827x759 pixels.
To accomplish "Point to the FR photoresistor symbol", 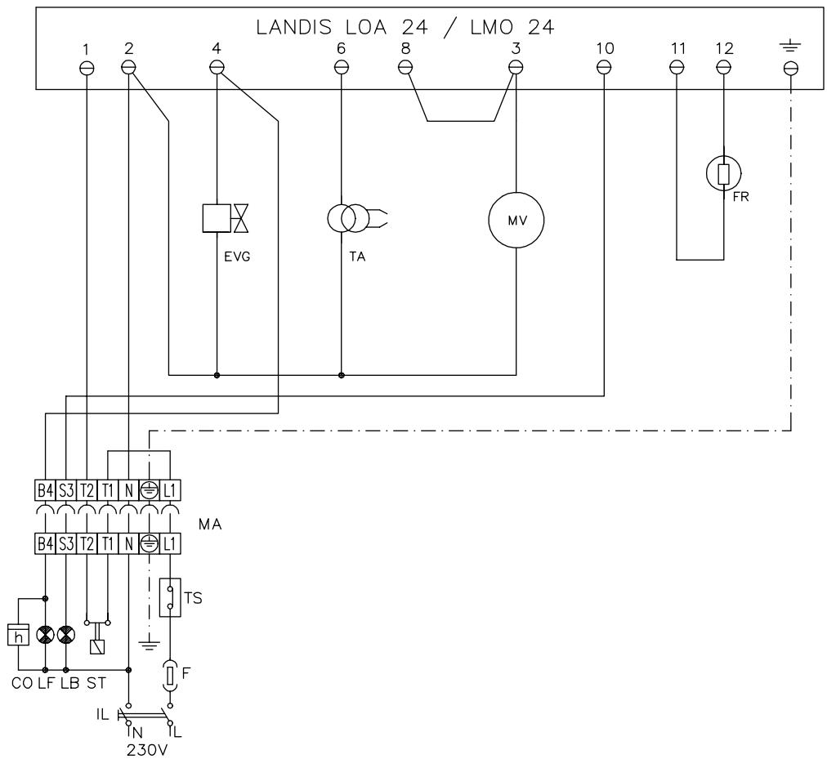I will coord(723,174).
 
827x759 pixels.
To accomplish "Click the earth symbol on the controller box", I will coord(789,49).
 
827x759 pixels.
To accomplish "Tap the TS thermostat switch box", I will coord(169,598).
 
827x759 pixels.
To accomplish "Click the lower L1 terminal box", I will coord(169,542).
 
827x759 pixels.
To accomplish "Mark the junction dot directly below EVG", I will coord(217,376).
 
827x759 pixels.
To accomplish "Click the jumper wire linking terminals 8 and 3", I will coord(461,122).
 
